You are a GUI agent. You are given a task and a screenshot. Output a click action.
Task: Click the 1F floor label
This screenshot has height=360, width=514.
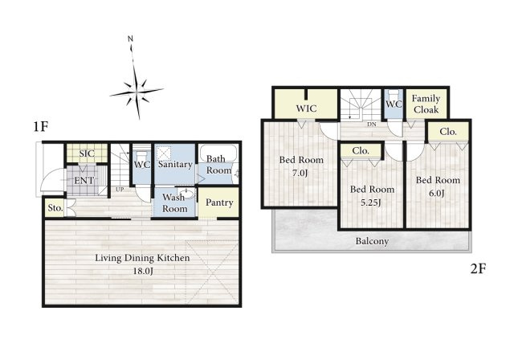[41, 126]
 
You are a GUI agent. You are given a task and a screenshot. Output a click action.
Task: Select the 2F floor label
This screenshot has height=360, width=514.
[479, 269]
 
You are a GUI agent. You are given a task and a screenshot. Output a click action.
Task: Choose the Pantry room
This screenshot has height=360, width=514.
[219, 202]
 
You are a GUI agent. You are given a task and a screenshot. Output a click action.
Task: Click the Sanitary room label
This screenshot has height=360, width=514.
[175, 165]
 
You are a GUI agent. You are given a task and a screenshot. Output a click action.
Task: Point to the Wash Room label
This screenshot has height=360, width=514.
[175, 202]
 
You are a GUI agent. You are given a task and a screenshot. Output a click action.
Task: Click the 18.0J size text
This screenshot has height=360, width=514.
[143, 272]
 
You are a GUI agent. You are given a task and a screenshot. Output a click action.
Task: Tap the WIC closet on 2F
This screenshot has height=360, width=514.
[305, 106]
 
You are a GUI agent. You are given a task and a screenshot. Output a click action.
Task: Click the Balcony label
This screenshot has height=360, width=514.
[372, 241]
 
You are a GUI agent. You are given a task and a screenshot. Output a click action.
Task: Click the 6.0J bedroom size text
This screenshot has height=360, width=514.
[437, 194]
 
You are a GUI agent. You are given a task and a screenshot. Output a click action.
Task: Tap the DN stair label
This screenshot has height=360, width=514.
[372, 125]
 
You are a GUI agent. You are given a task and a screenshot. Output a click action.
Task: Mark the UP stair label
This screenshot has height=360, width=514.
[119, 190]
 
